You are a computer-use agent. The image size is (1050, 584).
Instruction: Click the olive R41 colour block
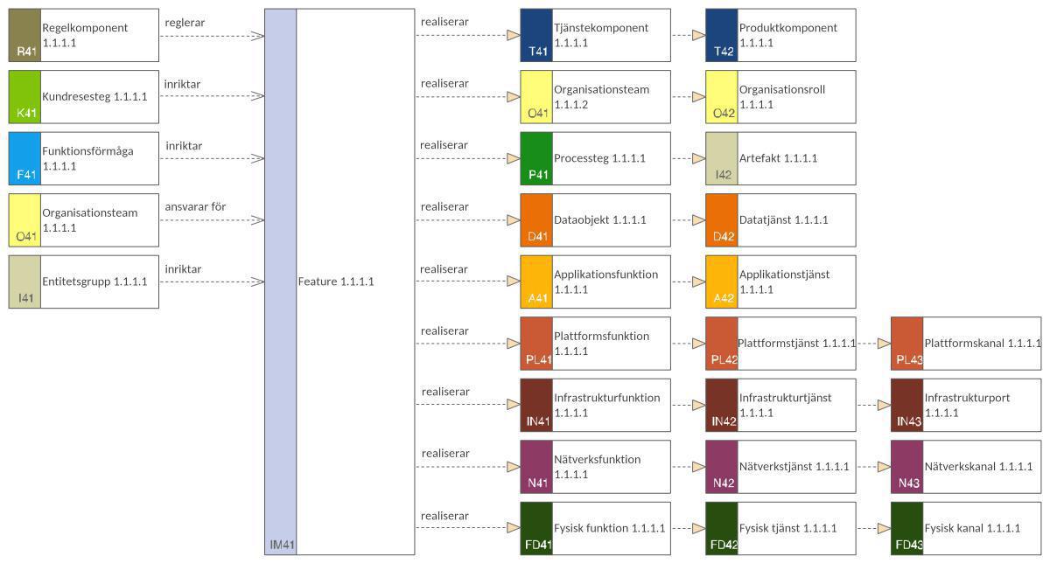pos(24,36)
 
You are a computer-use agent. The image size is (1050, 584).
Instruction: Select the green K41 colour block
pos(24,97)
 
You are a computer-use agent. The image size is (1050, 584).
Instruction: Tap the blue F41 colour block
pos(24,159)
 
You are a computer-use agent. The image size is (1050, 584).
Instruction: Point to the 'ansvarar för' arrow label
pos(195,206)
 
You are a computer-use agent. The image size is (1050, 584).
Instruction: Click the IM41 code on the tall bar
pos(281,545)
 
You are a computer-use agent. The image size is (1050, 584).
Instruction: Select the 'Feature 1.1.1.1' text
pos(336,282)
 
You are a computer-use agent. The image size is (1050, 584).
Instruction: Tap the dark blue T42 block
pos(722,36)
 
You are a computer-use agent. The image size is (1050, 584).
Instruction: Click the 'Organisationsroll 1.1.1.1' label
pos(781,97)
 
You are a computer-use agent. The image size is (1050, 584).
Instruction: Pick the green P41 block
pos(536,159)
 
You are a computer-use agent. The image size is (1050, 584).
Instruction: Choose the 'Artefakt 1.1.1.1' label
pos(778,158)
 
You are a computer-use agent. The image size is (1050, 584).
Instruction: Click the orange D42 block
pos(722,220)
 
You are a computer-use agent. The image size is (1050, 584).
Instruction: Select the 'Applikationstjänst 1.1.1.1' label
pos(784,282)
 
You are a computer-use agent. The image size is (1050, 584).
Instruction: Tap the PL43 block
pos(907,344)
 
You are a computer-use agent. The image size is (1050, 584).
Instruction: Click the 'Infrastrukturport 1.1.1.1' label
pos(967,405)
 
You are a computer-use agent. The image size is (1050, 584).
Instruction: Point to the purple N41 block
pos(536,467)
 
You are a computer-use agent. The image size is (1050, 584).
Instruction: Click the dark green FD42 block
pos(722,528)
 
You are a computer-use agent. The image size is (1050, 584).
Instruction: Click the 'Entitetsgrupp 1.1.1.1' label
pos(94,282)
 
